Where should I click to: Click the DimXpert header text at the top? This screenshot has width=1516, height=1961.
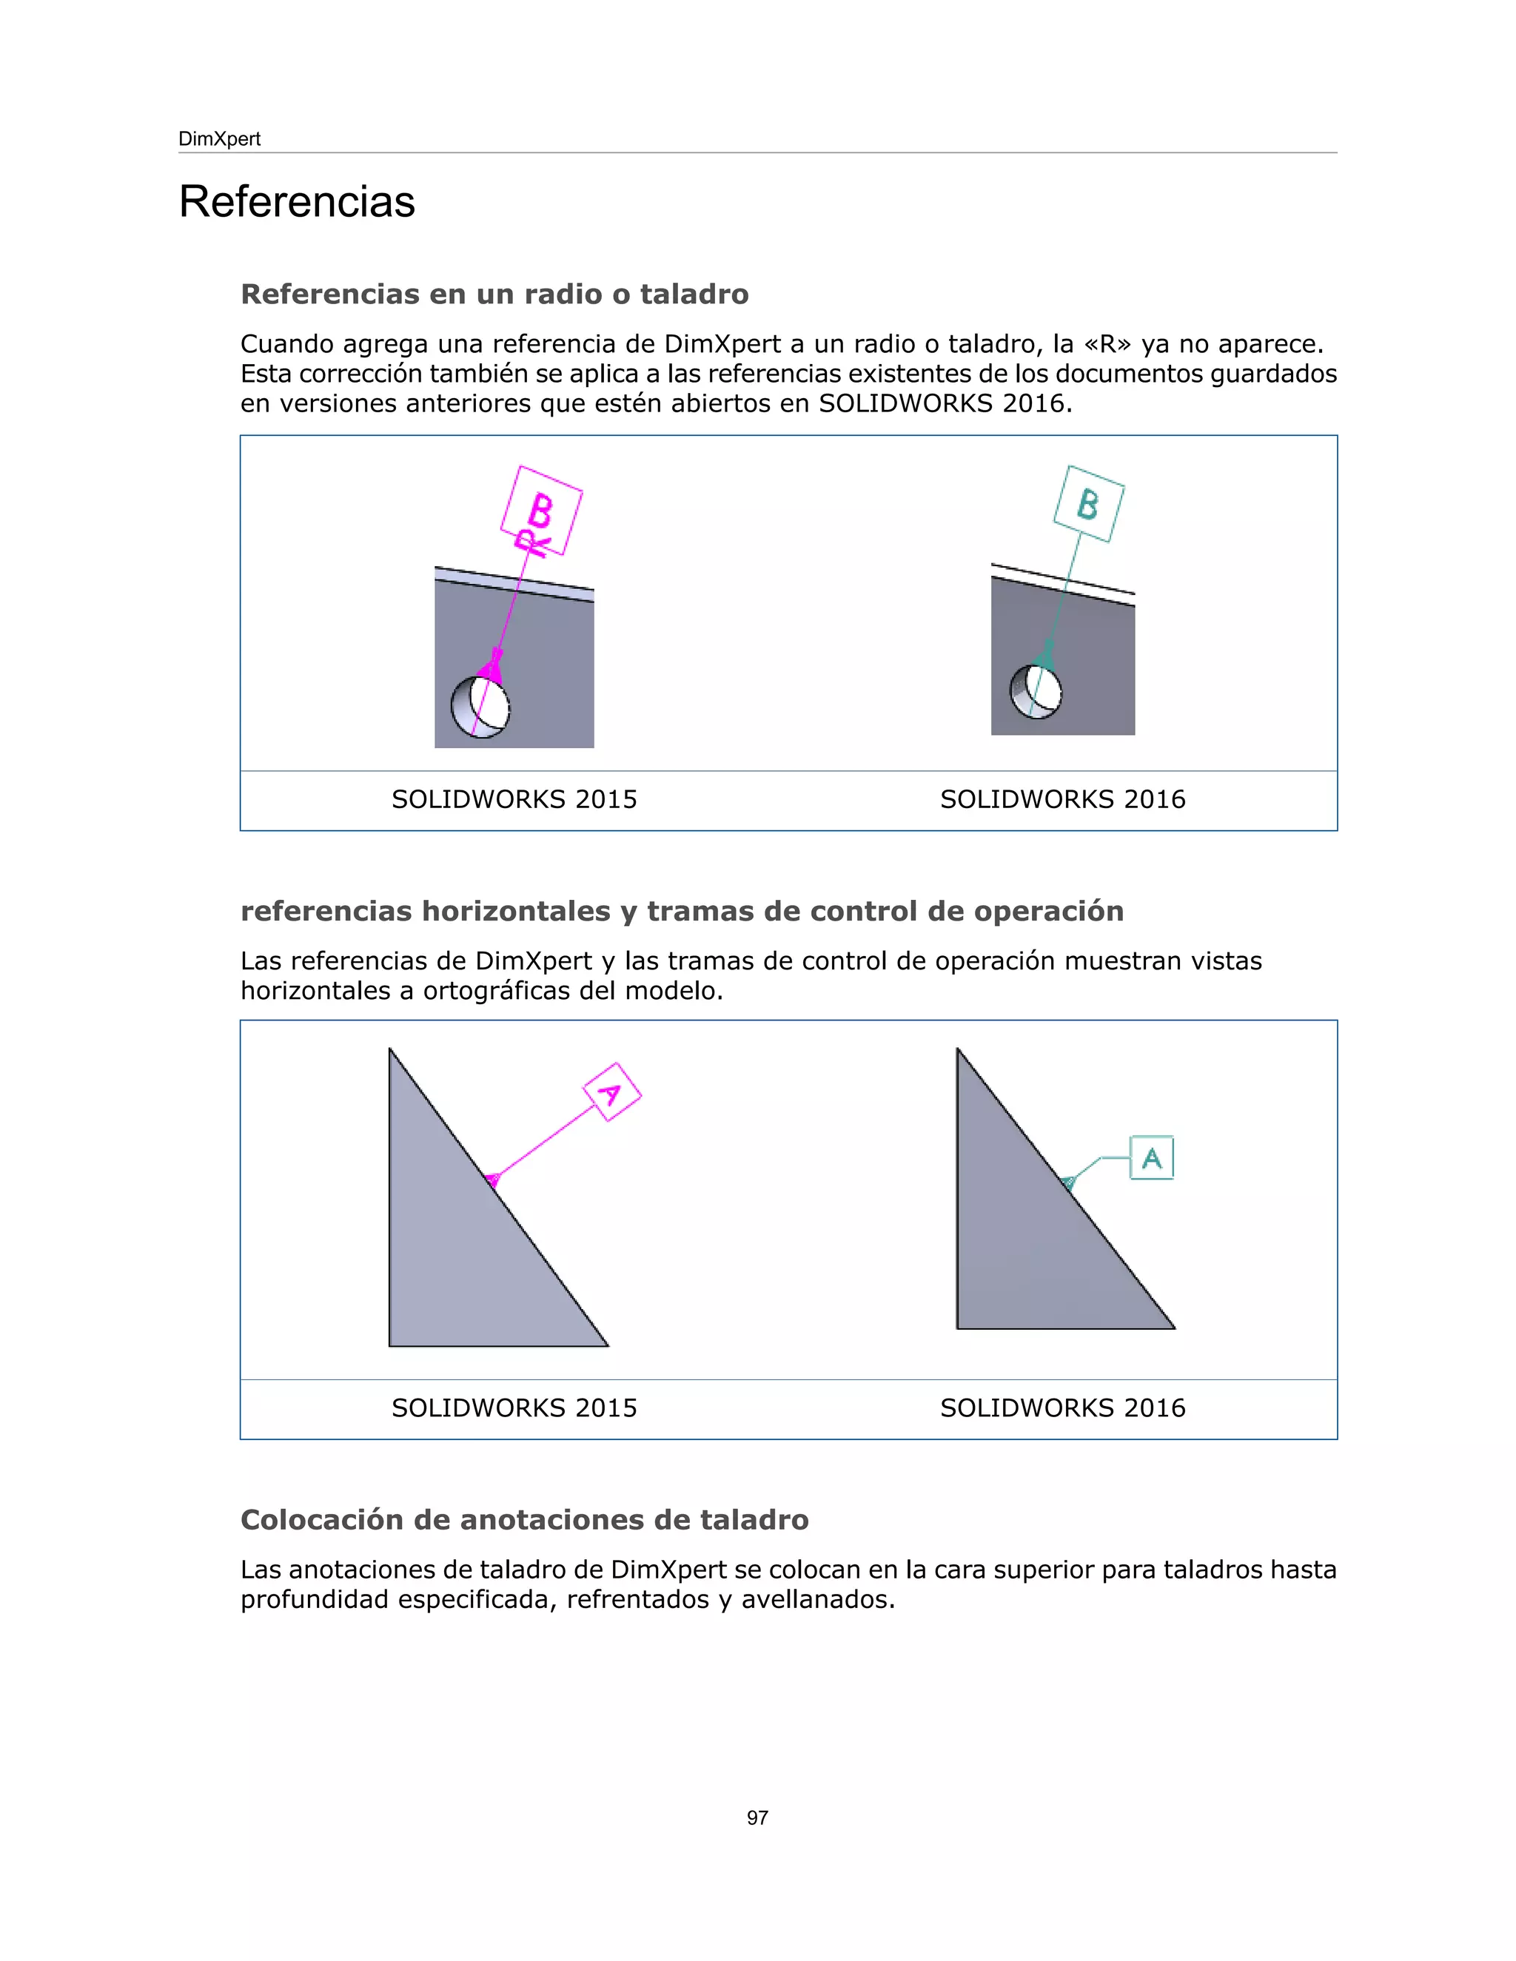(x=219, y=139)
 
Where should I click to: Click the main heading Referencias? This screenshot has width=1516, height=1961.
(x=296, y=201)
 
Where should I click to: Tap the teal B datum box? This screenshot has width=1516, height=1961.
(x=1088, y=504)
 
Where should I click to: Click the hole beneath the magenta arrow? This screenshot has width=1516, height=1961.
(x=480, y=707)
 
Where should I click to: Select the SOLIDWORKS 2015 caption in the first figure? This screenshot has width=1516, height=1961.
(x=514, y=799)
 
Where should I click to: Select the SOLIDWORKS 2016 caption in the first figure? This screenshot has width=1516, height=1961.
(x=1062, y=799)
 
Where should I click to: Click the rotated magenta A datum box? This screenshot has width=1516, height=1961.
(x=611, y=1091)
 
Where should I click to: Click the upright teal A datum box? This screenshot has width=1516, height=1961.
(x=1151, y=1157)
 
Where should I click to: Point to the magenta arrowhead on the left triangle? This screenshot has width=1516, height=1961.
(x=492, y=1179)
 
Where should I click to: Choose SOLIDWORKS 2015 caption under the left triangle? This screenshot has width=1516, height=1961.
(x=514, y=1408)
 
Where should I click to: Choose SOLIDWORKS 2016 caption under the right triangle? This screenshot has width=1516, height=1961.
(x=1062, y=1408)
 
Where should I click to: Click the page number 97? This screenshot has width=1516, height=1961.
(x=757, y=1818)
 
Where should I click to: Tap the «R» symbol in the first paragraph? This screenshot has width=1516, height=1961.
(x=1107, y=344)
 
